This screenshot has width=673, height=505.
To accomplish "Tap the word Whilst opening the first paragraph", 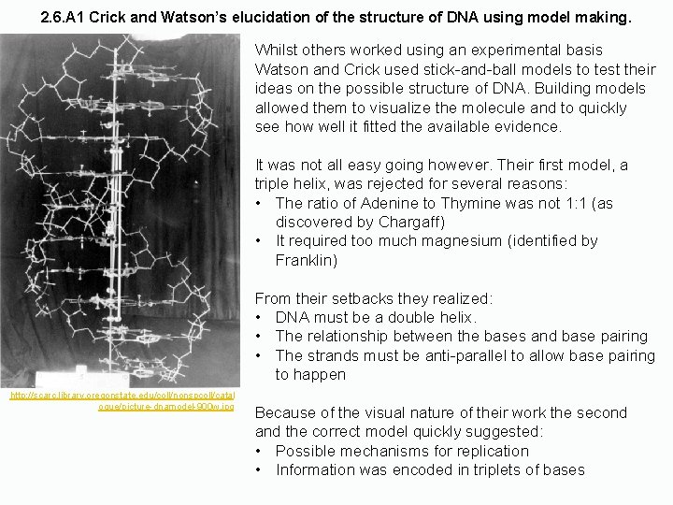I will point(278,50).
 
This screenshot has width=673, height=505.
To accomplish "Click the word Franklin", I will point(308,260).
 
